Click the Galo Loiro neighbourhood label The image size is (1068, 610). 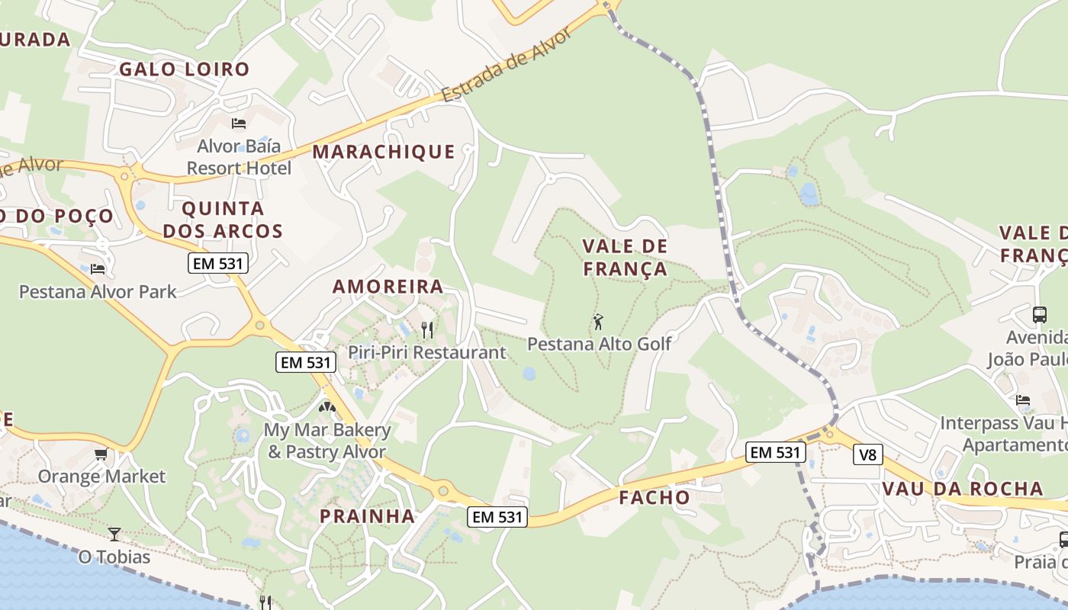[x=184, y=69]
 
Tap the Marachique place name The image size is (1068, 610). [x=384, y=152]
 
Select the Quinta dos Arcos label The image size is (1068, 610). [x=223, y=220]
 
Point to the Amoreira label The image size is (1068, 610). [x=388, y=287]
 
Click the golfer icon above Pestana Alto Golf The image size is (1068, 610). [x=598, y=322]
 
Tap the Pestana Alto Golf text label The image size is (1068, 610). [x=600, y=344]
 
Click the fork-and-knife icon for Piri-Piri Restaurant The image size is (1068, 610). [x=427, y=329]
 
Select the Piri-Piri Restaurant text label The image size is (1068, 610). [x=427, y=352]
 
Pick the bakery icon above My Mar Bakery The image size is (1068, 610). [x=327, y=408]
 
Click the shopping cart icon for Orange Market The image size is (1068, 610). [x=101, y=454]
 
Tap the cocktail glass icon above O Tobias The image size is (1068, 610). [x=114, y=534]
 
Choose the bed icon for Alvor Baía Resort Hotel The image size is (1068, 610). [x=239, y=123]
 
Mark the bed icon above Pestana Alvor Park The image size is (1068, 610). [x=97, y=269]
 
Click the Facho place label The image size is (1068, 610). [x=655, y=498]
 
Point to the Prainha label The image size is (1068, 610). [x=367, y=516]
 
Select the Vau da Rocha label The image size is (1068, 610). [x=962, y=489]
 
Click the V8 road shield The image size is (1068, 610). [x=868, y=455]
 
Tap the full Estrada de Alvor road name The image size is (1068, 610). [x=507, y=66]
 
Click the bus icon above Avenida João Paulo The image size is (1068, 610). [x=1039, y=314]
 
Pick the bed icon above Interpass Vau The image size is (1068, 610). [x=1023, y=400]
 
